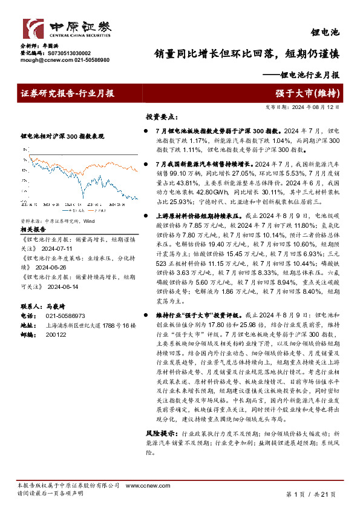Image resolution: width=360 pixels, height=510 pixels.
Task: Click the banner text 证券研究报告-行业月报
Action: [x=68, y=93]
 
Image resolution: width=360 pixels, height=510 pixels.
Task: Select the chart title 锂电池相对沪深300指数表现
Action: [x=62, y=137]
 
